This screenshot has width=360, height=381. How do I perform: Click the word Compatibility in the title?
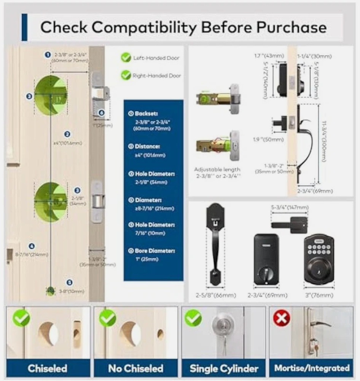tap(144, 27)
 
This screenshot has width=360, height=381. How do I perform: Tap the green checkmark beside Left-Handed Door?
tap(126, 58)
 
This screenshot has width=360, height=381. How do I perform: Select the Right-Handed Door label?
tap(156, 76)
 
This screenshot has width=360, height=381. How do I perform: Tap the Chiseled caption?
tap(47, 368)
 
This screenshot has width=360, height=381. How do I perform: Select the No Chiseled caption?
tap(135, 368)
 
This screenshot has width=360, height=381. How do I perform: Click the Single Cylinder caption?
tap(223, 368)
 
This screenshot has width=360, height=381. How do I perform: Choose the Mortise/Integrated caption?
tap(312, 368)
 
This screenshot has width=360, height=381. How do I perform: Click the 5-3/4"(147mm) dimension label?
tap(290, 208)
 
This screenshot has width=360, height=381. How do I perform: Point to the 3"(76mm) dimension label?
tap(319, 295)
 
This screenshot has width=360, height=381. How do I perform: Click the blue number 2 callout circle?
tap(67, 134)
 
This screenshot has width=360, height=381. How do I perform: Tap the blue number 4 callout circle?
tap(32, 246)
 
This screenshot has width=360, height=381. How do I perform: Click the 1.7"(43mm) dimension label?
tap(269, 56)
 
